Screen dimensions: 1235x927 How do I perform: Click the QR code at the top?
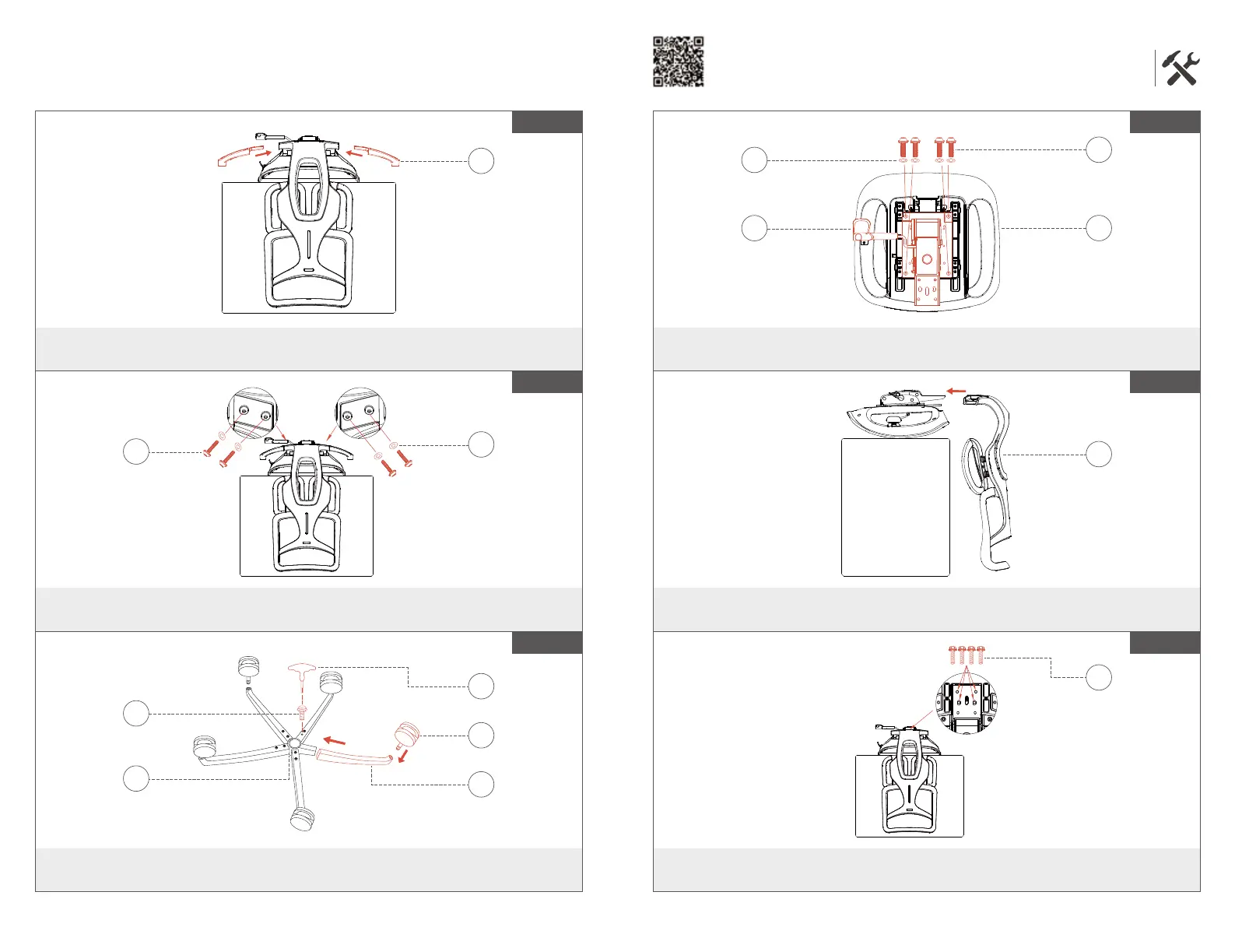[678, 61]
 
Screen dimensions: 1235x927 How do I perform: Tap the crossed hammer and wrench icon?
[1181, 68]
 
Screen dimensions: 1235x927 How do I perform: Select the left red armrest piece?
[235, 156]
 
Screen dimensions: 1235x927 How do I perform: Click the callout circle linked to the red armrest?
[482, 161]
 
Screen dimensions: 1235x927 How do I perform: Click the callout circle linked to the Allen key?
[482, 686]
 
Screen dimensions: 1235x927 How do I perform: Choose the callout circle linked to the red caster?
[482, 735]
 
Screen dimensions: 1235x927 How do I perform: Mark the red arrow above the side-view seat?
[956, 391]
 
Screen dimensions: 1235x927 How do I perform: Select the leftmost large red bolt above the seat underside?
[903, 146]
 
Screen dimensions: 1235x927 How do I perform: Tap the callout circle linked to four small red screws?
[1098, 677]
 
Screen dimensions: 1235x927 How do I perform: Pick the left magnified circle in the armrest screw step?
[251, 413]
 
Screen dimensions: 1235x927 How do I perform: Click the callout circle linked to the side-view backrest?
[1098, 454]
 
